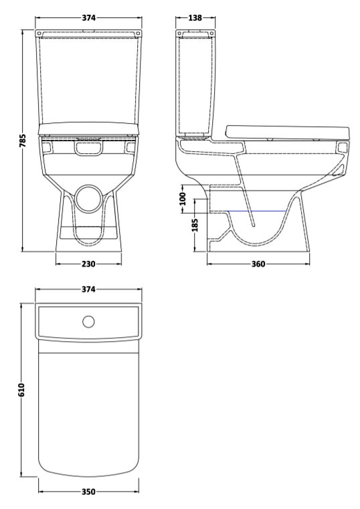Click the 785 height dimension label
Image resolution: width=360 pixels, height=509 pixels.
coord(22,140)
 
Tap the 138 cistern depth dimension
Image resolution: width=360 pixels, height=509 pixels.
coord(195,18)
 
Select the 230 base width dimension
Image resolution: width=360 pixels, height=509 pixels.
coord(88,264)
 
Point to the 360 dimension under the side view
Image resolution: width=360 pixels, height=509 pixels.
coord(258,264)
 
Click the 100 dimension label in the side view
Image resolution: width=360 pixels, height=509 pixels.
coord(183,199)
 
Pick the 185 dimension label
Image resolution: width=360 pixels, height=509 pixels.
coord(195,225)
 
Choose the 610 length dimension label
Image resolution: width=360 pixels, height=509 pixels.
coord(21,389)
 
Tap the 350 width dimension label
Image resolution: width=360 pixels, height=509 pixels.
coord(88,492)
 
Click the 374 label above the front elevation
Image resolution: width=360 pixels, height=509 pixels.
coord(88,18)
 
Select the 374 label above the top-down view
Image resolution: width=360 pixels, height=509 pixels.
coord(88,289)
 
